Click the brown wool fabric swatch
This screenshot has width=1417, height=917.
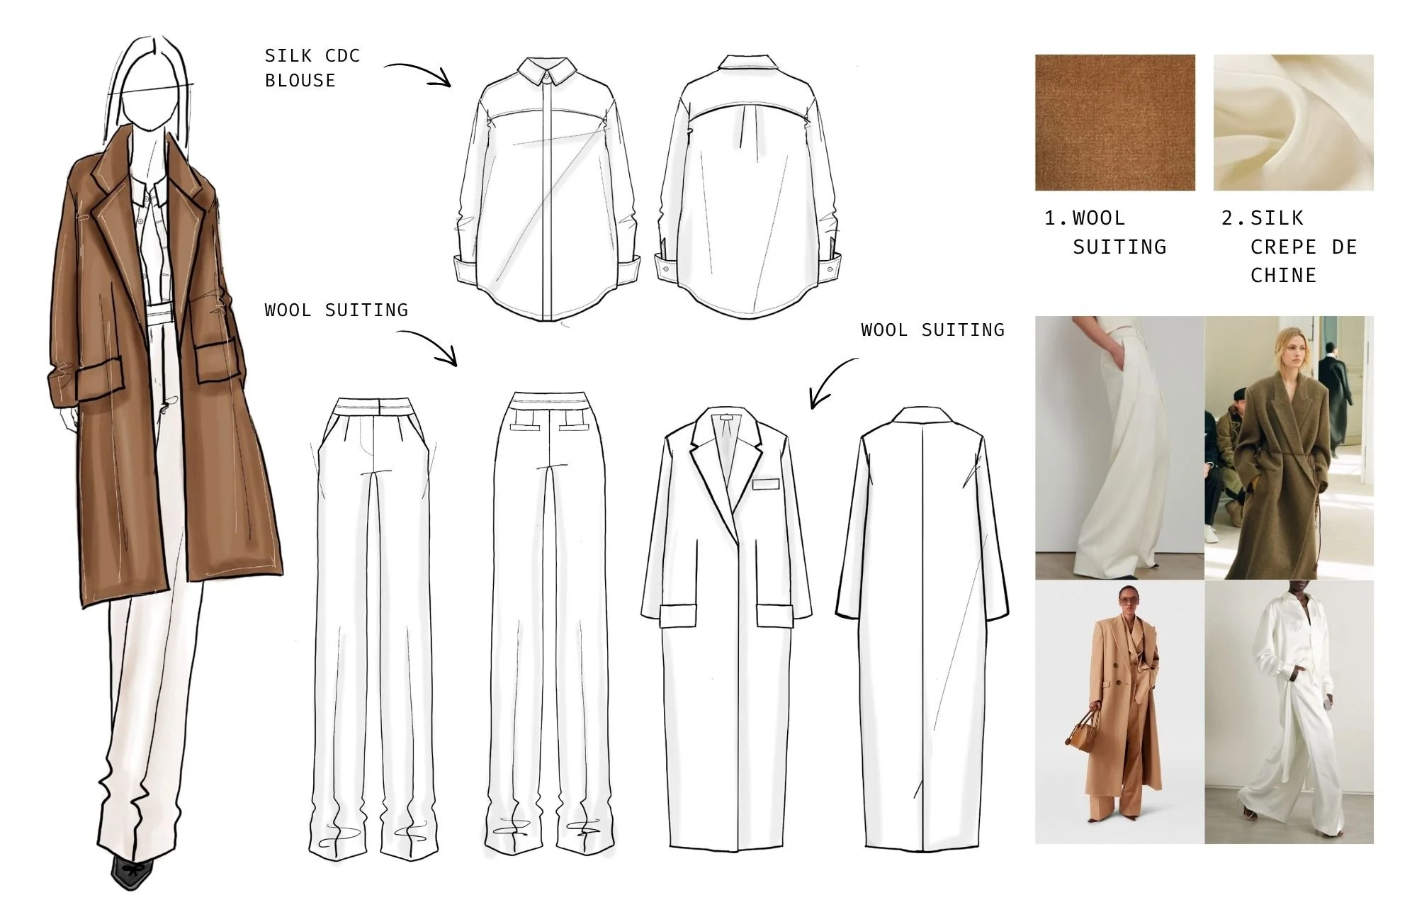[1114, 123]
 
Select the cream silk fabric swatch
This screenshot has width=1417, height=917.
[1293, 123]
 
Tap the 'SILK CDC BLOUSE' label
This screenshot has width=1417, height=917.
[312, 68]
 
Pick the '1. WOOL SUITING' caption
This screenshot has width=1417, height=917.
[1105, 232]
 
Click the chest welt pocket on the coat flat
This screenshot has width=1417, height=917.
[765, 485]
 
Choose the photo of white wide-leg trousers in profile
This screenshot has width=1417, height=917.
[1119, 448]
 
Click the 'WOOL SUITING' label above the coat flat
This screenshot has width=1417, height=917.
[932, 330]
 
